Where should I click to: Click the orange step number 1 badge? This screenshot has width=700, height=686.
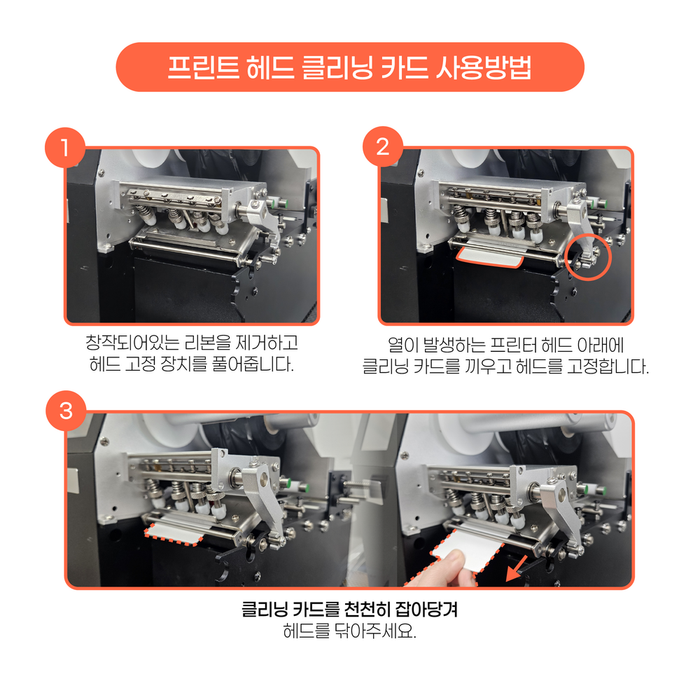click(x=65, y=147)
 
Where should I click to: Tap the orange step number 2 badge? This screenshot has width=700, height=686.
click(x=383, y=146)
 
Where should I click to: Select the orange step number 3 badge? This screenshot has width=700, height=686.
click(x=66, y=411)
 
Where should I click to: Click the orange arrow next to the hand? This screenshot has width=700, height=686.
click(x=516, y=569)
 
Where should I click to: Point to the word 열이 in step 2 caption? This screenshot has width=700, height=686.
click(x=402, y=345)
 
